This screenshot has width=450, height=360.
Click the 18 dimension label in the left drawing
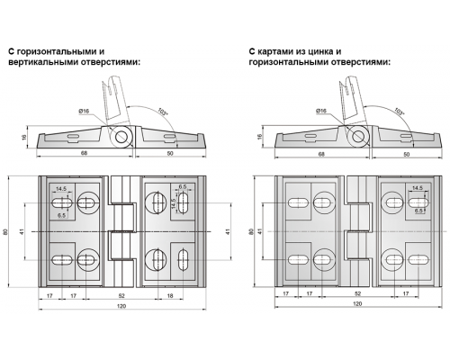(x=170, y=296)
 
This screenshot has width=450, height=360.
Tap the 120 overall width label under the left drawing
(x=121, y=306)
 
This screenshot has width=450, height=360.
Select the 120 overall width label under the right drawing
(x=357, y=303)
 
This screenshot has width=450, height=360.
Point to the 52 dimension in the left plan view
(x=121, y=296)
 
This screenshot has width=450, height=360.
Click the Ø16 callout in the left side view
(x=84, y=112)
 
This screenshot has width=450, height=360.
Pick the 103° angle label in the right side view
(x=399, y=112)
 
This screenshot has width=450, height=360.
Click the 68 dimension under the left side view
(x=85, y=153)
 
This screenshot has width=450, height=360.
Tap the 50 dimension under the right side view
(x=407, y=155)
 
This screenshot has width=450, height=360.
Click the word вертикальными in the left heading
(x=43, y=62)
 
